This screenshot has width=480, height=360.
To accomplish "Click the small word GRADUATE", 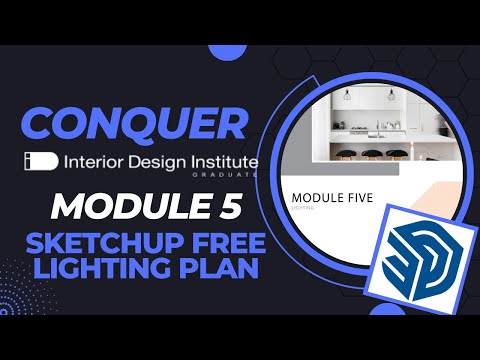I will pos(239,175).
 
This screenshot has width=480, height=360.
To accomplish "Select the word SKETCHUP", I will pos(92,244).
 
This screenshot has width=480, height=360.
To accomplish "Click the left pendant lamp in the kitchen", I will pos(348,97).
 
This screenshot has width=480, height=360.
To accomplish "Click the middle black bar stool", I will pos(372,156).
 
